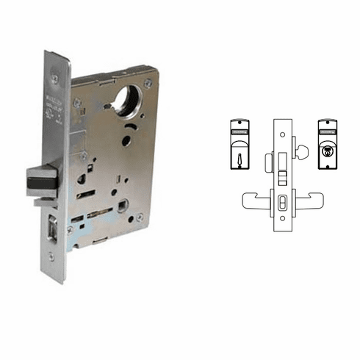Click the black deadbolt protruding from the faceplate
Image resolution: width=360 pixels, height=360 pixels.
[42, 180]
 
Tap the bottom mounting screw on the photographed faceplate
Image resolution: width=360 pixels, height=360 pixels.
[51, 256]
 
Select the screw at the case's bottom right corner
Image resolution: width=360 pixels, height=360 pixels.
[140, 217]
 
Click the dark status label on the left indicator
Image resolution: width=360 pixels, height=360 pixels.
[243, 133]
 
